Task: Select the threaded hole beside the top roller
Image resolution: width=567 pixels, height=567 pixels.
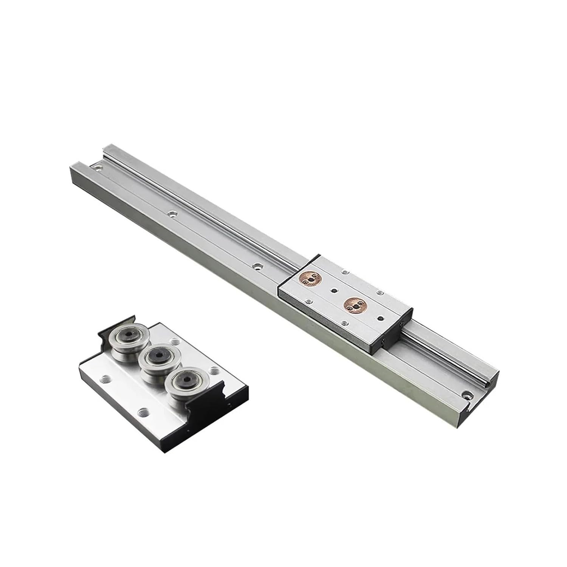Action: tap(175, 342)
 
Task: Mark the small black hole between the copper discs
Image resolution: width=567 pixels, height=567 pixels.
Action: tap(333, 290)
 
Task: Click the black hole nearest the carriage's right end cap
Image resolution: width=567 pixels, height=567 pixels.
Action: tap(380, 318)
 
